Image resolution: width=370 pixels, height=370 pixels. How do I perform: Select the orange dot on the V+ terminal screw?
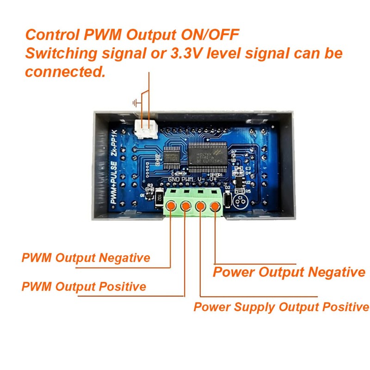216,206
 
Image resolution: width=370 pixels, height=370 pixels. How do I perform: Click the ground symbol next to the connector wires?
136,103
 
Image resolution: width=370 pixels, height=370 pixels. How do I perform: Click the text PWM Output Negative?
86,258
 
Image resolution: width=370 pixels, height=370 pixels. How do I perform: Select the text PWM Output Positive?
84,286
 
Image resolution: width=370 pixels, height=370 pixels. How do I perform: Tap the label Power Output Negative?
289,272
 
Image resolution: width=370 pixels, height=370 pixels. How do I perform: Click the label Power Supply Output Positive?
281,307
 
